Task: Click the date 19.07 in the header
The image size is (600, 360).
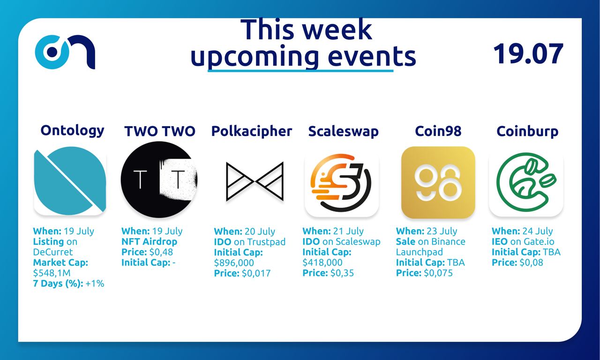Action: (x=528, y=53)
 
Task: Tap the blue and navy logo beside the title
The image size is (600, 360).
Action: (x=65, y=52)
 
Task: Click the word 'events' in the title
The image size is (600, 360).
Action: (x=372, y=57)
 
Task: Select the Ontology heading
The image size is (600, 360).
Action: (x=72, y=131)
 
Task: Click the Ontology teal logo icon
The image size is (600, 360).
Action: (x=70, y=181)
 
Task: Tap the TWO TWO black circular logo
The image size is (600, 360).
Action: (x=159, y=180)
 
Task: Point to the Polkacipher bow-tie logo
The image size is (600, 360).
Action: (x=255, y=181)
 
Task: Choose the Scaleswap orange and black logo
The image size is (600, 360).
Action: (x=342, y=183)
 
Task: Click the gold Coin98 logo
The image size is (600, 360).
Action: (x=438, y=182)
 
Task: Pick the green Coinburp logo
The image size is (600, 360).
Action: (x=526, y=182)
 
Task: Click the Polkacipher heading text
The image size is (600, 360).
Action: (x=252, y=131)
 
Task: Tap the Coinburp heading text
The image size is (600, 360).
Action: (x=527, y=131)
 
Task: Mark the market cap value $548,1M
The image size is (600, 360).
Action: (x=52, y=273)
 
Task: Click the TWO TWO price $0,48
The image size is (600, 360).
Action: (x=161, y=252)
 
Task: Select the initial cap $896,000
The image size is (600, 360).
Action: (x=234, y=263)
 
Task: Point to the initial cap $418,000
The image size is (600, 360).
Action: (x=322, y=262)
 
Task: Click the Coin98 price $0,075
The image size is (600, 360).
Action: (x=438, y=273)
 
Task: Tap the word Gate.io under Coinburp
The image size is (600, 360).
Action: (x=539, y=241)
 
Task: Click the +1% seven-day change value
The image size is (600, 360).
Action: (x=95, y=284)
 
